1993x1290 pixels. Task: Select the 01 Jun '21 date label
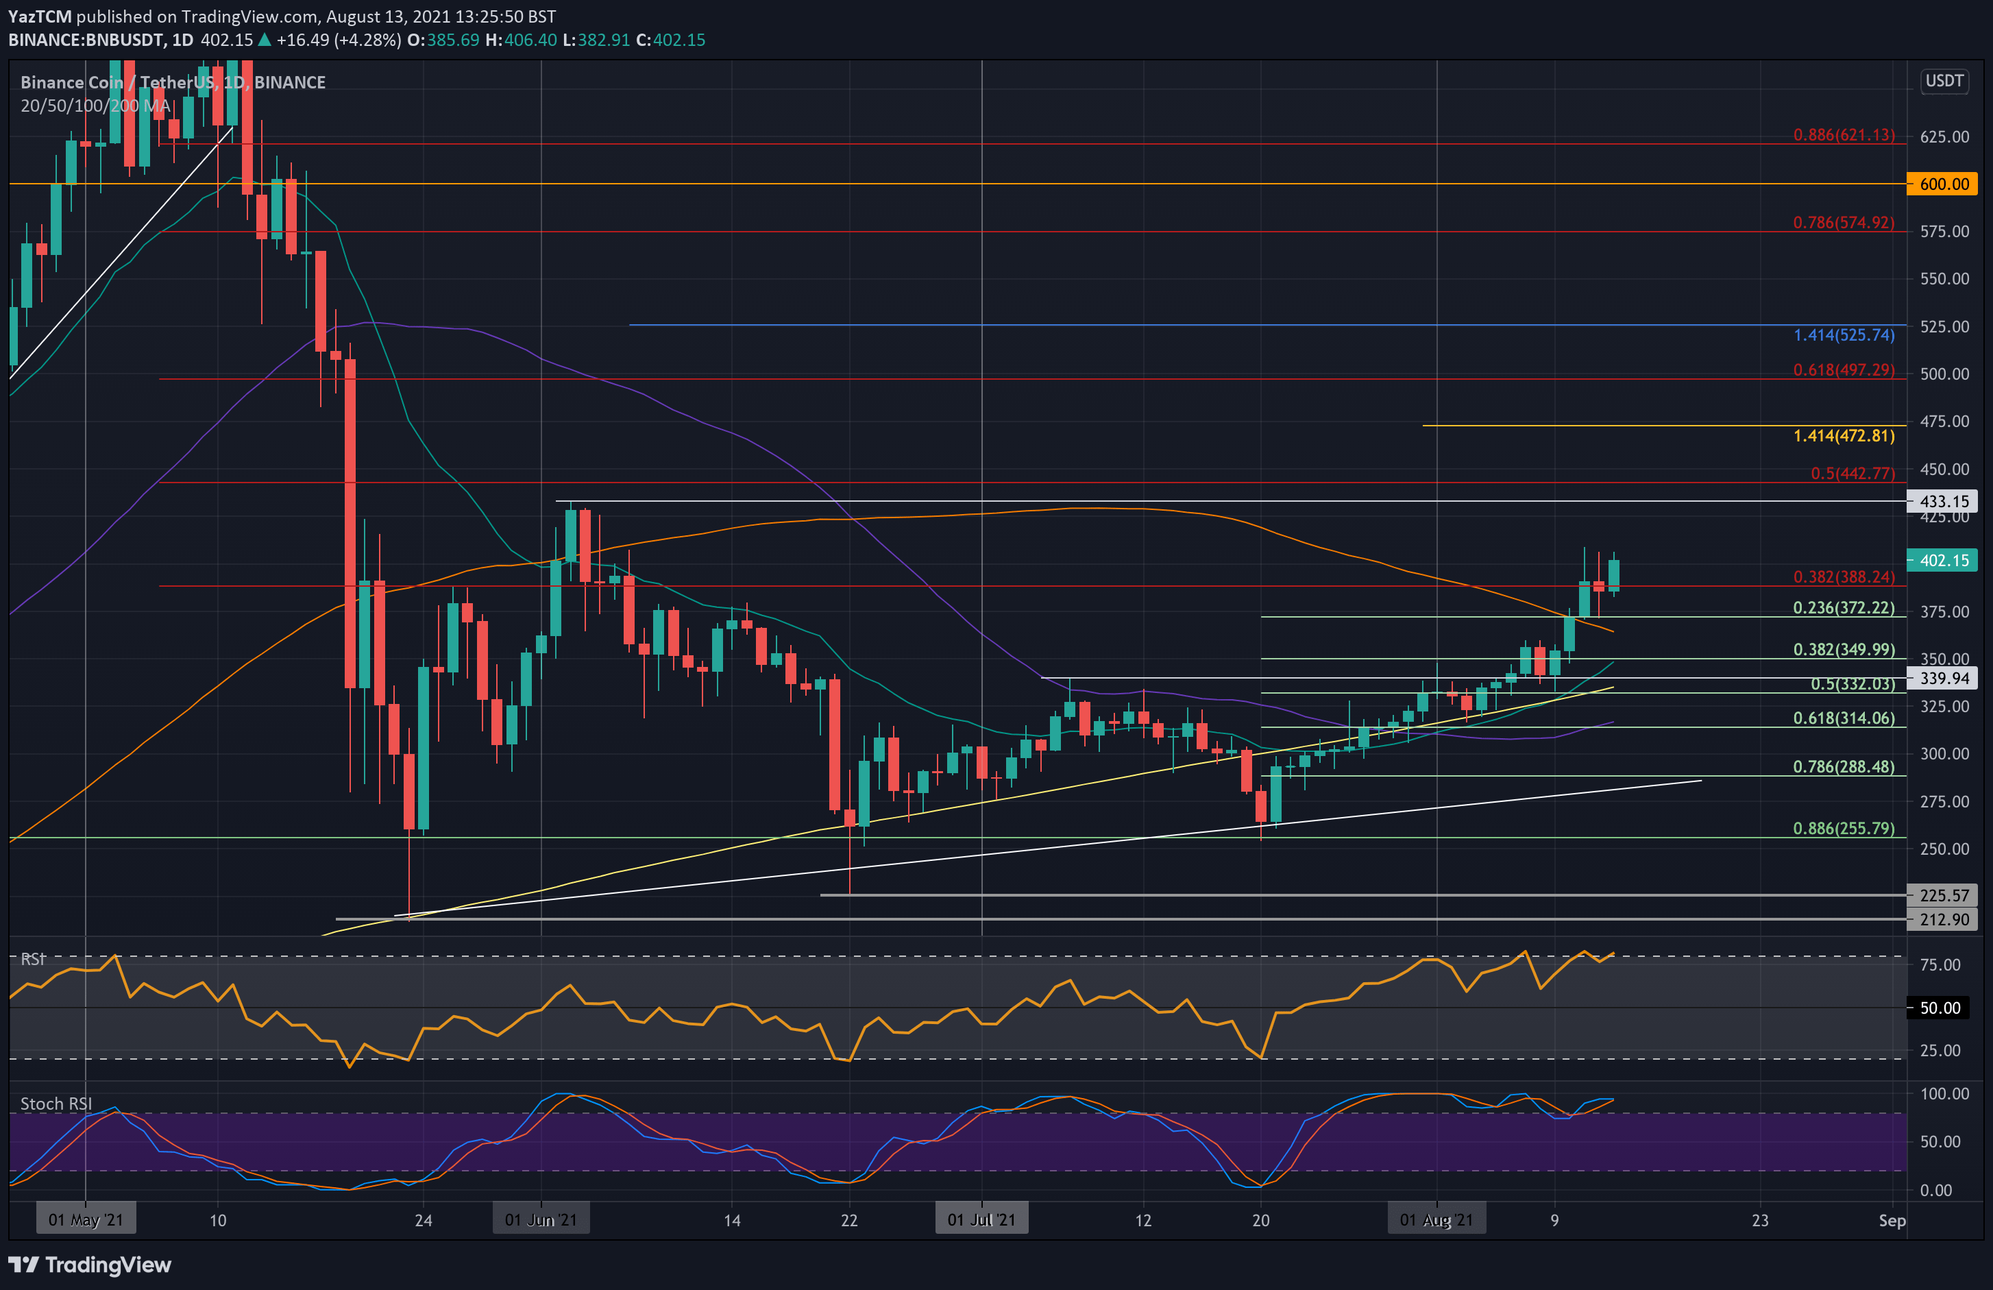click(x=541, y=1219)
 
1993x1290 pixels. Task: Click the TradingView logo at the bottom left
click(x=90, y=1265)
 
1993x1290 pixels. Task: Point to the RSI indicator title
click(x=34, y=959)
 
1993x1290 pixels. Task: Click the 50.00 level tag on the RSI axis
click(x=1940, y=1008)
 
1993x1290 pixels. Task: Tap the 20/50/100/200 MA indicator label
click(x=97, y=106)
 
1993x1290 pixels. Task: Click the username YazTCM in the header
click(x=39, y=16)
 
